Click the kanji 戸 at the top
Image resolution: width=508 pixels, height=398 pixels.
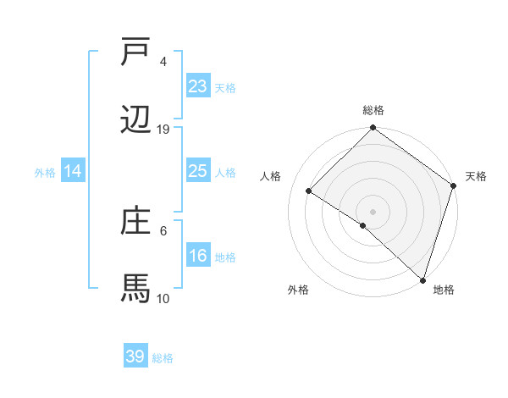point(135,53)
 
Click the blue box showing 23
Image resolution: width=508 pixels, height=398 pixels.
point(198,86)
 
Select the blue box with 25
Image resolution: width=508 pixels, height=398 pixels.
point(198,172)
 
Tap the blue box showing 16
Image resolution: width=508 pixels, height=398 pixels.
point(198,257)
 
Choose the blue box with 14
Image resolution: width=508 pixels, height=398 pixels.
point(73,172)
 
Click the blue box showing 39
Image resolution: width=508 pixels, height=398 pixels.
point(135,357)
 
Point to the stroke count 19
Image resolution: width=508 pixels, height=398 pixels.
point(163,130)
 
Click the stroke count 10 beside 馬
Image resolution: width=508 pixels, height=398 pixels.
point(163,299)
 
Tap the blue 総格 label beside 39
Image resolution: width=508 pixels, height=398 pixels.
point(163,358)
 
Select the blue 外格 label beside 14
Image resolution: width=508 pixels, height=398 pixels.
point(45,173)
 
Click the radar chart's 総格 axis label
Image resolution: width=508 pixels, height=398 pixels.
point(373,110)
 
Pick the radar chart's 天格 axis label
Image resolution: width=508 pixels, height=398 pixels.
point(476,176)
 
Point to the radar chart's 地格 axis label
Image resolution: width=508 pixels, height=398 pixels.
point(444,290)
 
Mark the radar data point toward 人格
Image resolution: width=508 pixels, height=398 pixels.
point(309,191)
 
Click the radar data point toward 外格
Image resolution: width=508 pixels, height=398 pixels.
point(363,225)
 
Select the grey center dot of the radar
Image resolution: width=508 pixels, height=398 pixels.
point(373,211)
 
